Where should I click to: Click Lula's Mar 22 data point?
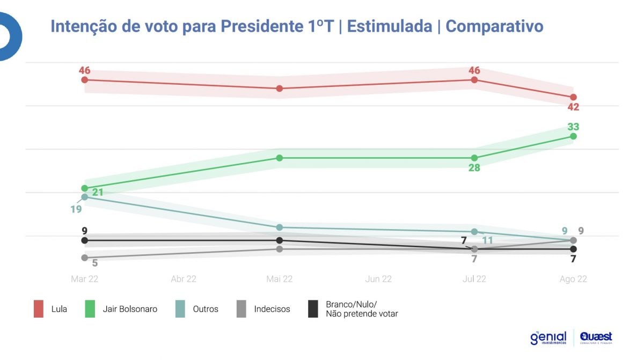pyautogui.click(x=84, y=80)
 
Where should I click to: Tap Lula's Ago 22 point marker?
pyautogui.click(x=573, y=97)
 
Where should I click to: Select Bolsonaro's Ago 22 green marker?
pyautogui.click(x=573, y=136)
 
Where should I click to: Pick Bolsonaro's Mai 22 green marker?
pyautogui.click(x=280, y=158)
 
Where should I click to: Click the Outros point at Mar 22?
pyautogui.click(x=84, y=197)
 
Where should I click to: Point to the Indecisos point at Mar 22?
pyautogui.click(x=84, y=258)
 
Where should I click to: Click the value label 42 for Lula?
pyautogui.click(x=573, y=107)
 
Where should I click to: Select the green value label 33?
pyautogui.click(x=573, y=127)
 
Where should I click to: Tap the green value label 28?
pyautogui.click(x=474, y=168)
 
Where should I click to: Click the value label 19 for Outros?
pyautogui.click(x=76, y=209)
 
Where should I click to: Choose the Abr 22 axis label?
pyautogui.click(x=183, y=279)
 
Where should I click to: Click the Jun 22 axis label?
pyautogui.click(x=378, y=279)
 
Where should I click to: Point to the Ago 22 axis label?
pyautogui.click(x=573, y=279)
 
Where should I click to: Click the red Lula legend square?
pyautogui.click(x=38, y=309)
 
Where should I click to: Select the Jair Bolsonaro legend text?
pyautogui.click(x=130, y=309)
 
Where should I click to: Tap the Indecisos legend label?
pyautogui.click(x=272, y=309)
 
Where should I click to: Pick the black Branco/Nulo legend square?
pyautogui.click(x=313, y=309)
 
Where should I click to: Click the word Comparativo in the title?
pyautogui.click(x=494, y=26)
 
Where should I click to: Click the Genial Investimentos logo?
pyautogui.click(x=547, y=337)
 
